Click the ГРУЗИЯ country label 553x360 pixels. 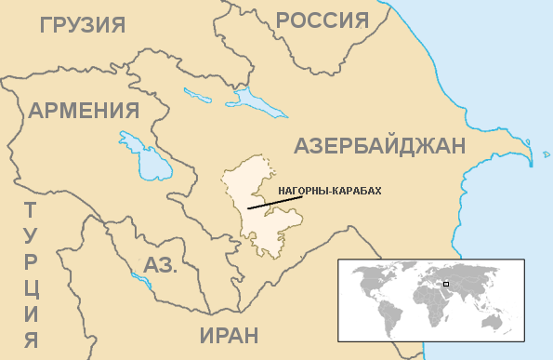pos(83,23)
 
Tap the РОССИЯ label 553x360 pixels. pos(322,20)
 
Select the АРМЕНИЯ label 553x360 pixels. pos(84,111)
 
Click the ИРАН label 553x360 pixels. pos(229,336)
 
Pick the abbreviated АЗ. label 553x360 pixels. pos(160,264)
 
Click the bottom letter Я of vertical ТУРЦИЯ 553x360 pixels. pos(31,339)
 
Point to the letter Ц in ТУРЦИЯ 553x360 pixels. pos(31,287)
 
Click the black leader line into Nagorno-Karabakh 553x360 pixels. pos(262,204)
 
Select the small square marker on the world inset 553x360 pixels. pos(446,283)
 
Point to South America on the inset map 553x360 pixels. pos(388,311)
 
